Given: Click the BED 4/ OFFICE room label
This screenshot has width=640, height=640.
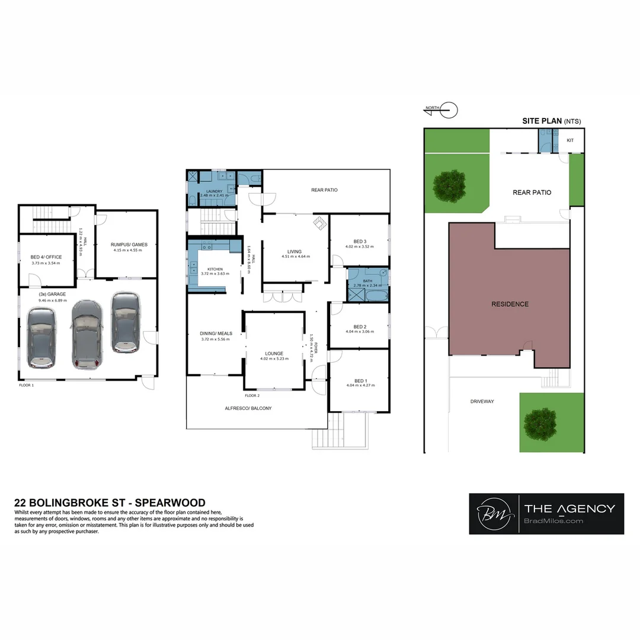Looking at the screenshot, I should pyautogui.click(x=46, y=257).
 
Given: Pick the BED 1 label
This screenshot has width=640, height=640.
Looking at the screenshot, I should pyautogui.click(x=360, y=380).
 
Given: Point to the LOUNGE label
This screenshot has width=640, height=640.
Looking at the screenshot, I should pyautogui.click(x=274, y=353).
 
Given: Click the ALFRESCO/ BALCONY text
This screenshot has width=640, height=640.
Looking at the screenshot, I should pyautogui.click(x=248, y=408).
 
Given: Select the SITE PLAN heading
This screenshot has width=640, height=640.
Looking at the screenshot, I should pyautogui.click(x=542, y=121).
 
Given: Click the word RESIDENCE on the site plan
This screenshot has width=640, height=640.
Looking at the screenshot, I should pyautogui.click(x=510, y=304).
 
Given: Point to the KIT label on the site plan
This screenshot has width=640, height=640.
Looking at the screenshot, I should pyautogui.click(x=570, y=140).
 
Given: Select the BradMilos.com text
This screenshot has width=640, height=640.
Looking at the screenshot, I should pyautogui.click(x=554, y=521).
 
